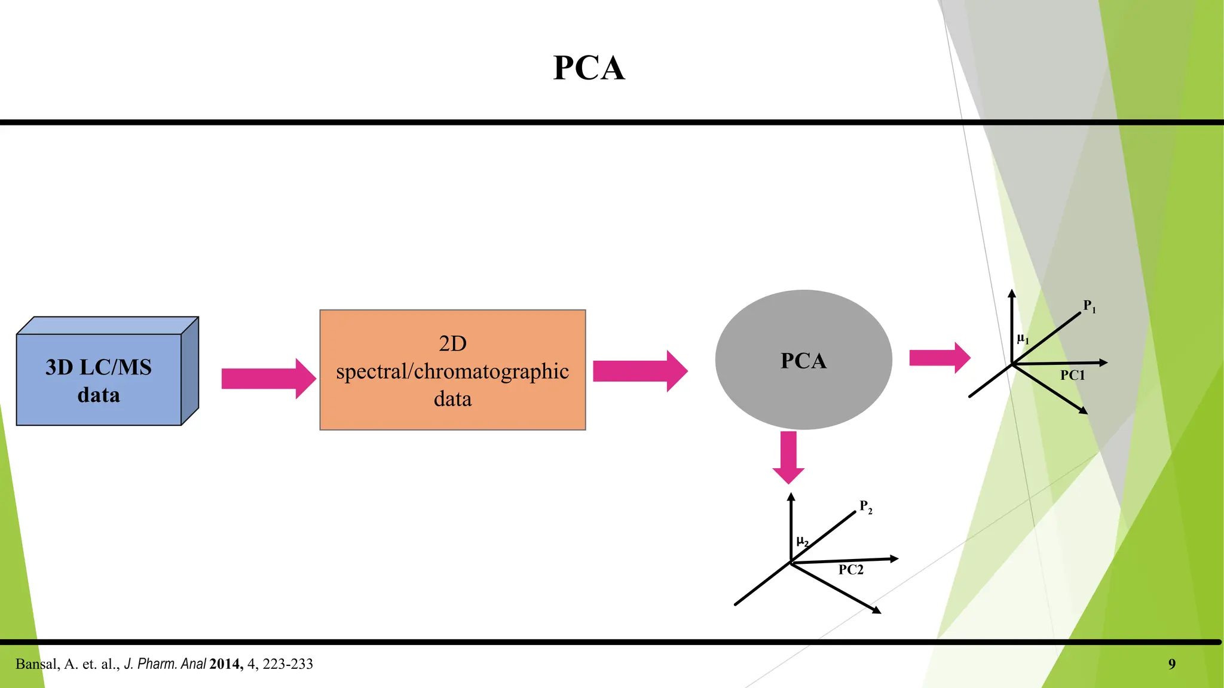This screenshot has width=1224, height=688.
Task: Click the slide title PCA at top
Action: [589, 67]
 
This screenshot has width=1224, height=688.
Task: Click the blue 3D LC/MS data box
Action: [99, 380]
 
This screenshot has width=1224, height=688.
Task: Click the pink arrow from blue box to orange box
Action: [268, 379]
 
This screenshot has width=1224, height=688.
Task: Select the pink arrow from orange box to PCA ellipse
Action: [639, 371]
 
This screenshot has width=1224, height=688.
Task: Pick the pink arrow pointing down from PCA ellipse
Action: [788, 457]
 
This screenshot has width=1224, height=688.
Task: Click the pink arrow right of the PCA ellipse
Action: [939, 358]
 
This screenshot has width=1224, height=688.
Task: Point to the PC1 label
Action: [1072, 376]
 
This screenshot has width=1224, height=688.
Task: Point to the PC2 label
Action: [850, 570]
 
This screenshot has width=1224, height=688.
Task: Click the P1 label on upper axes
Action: [1089, 306]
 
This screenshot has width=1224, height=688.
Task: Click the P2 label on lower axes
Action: [865, 506]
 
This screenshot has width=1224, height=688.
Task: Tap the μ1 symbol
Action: [1023, 339]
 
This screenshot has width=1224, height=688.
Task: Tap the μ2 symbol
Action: [802, 542]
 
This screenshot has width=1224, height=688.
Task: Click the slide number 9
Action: [1171, 664]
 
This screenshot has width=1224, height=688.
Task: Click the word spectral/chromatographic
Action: [452, 371]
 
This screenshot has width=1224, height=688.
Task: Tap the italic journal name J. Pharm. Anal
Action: [165, 664]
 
